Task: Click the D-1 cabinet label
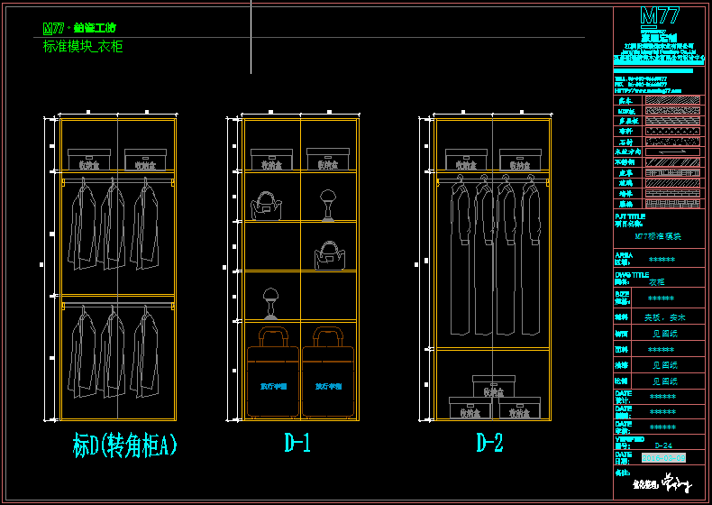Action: click(x=297, y=444)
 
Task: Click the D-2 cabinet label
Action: click(x=489, y=444)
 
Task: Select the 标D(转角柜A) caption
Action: click(x=124, y=445)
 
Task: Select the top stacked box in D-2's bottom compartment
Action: click(x=493, y=387)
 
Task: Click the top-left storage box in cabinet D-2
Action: click(x=467, y=161)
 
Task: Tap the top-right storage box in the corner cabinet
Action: click(x=144, y=160)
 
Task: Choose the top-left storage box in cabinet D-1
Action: click(x=269, y=160)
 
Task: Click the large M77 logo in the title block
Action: click(x=659, y=16)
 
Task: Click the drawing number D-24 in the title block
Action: click(x=662, y=445)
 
